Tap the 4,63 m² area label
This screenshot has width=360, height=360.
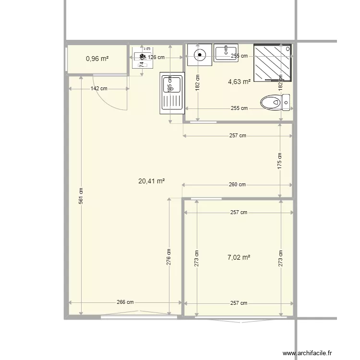(x=239, y=82)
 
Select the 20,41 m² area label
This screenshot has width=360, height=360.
(x=152, y=181)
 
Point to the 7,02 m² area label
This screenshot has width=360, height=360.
(x=239, y=257)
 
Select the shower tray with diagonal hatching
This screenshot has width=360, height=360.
(x=272, y=63)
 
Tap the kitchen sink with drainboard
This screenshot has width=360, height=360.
(x=171, y=93)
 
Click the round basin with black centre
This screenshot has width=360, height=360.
(x=199, y=54)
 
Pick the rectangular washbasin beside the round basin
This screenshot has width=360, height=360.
(x=226, y=52)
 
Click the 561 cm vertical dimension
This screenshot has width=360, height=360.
(x=81, y=194)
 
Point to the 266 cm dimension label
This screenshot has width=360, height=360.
(x=125, y=302)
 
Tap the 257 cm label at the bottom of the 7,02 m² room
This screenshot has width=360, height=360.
(x=239, y=303)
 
